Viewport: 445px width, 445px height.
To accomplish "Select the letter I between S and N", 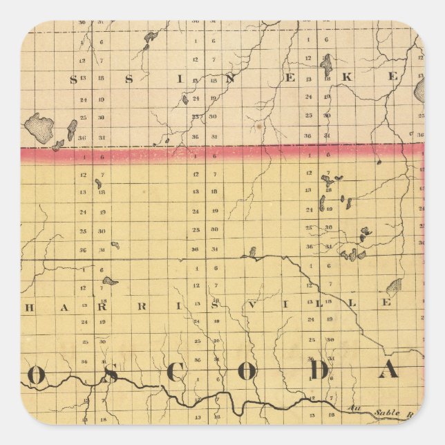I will (x=182, y=78).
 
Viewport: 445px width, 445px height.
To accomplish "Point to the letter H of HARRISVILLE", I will (x=27, y=307).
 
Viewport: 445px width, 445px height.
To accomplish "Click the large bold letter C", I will (x=178, y=372).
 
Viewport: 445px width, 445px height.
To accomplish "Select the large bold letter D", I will (x=319, y=371).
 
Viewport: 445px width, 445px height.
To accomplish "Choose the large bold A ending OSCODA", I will (x=389, y=371).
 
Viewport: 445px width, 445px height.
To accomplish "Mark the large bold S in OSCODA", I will (x=107, y=373).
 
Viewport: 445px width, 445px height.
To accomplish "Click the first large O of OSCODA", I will (x=37, y=374).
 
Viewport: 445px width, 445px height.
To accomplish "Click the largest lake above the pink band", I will (x=39, y=127).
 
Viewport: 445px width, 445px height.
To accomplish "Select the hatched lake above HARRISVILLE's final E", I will (x=394, y=286).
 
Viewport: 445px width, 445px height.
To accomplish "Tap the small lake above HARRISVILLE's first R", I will (x=109, y=281).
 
